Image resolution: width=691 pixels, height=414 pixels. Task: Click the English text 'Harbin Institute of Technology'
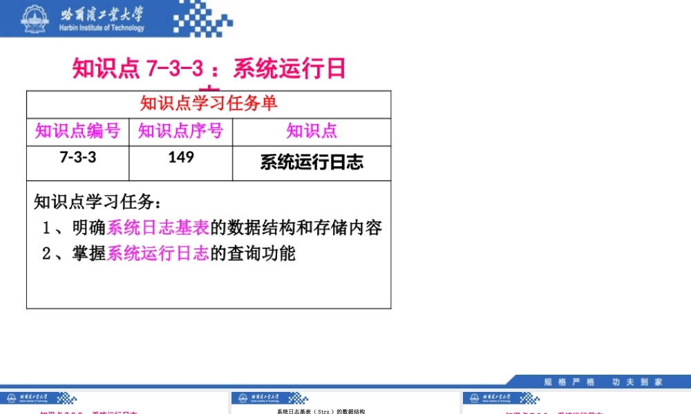[x=102, y=28]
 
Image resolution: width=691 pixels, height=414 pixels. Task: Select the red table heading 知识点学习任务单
[x=209, y=104]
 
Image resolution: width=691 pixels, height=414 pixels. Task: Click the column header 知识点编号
[x=77, y=131]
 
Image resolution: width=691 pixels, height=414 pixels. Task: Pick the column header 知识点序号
[x=180, y=131]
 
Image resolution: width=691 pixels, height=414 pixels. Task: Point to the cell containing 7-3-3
[x=77, y=157]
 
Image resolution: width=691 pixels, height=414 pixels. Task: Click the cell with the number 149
[x=180, y=157]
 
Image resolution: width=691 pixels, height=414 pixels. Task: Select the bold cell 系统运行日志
[x=312, y=162]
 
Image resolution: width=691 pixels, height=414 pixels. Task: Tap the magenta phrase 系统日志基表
[x=158, y=228]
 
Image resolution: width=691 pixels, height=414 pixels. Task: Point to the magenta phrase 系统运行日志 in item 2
[x=158, y=254]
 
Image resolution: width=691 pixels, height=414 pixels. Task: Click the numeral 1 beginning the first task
[x=46, y=228]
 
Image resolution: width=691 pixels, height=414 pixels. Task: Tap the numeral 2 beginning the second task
[x=46, y=254]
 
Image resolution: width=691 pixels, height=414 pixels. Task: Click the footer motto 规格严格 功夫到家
[x=603, y=382]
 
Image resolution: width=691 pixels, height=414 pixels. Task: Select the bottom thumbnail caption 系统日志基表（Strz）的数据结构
[x=321, y=411]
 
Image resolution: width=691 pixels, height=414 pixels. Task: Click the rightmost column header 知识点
[x=312, y=131]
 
